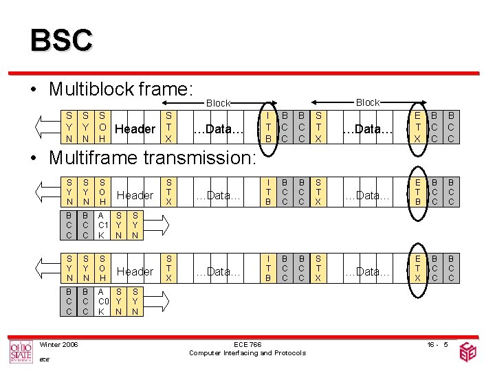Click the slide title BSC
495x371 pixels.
click(60, 39)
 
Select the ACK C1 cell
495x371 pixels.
click(102, 225)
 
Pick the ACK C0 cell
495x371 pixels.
click(102, 301)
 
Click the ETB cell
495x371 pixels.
click(417, 190)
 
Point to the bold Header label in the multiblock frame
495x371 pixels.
click(135, 128)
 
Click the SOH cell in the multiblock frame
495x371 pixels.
click(102, 128)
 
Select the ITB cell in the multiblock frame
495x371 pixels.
click(268, 128)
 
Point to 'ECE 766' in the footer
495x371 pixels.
click(247, 344)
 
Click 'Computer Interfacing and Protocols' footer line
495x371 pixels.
click(247, 353)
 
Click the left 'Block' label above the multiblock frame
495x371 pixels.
click(219, 103)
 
